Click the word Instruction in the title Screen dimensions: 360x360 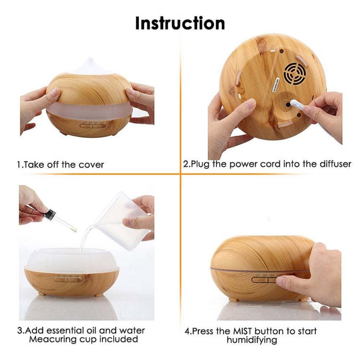click(x=180, y=24)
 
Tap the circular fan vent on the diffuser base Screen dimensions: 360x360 click(x=295, y=74)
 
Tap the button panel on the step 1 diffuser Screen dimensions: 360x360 click(x=93, y=126)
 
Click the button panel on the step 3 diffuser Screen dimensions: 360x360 click(x=68, y=280)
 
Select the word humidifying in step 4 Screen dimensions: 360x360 click(x=252, y=340)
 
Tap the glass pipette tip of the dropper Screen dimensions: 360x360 click(x=74, y=229)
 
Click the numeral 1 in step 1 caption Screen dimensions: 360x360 click(x=19, y=165)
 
